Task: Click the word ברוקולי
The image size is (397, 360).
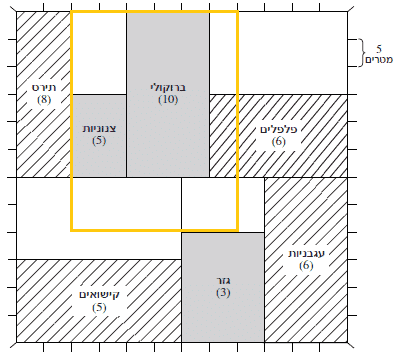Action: pos(168,88)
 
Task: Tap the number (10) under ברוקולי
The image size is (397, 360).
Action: pos(168,100)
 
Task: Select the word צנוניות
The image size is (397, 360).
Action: pos(99,129)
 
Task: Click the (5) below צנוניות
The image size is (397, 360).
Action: pos(99,141)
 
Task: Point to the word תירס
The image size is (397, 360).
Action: pos(44,88)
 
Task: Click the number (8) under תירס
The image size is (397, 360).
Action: pos(44,100)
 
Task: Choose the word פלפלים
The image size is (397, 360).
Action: pos(279,129)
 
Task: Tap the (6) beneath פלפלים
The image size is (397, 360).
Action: pos(279,142)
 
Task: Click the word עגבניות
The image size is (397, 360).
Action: pos(306,254)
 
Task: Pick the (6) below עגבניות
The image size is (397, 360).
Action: pos(306,266)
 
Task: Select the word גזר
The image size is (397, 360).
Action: pos(223,281)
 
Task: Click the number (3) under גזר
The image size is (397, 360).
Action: pos(223,293)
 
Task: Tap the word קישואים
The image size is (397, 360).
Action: pos(99,295)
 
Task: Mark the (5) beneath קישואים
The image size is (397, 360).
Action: pos(99,307)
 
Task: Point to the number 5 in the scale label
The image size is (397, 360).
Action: pos(379,49)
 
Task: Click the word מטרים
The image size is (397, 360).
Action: pos(379,60)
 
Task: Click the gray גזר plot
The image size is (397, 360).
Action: pos(223,287)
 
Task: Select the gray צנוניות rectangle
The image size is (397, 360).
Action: pos(99,136)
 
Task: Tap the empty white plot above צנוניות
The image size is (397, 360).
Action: pos(99,53)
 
